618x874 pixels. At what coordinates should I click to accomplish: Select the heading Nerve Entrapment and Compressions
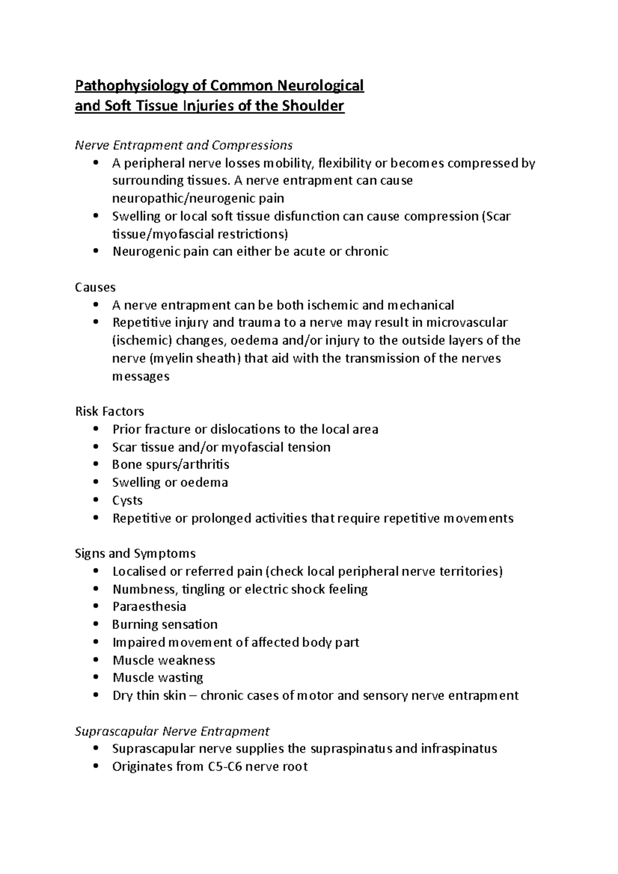pos(184,145)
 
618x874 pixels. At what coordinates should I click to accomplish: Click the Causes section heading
pos(95,287)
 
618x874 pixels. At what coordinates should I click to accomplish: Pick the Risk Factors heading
pos(110,411)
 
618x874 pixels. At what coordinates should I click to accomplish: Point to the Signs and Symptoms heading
pos(135,553)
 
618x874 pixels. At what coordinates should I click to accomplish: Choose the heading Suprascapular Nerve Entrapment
pos(173,731)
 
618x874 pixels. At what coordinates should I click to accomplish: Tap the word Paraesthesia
pos(149,606)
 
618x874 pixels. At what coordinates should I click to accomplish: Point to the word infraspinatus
pos(458,748)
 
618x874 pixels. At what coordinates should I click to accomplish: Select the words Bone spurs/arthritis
pos(170,465)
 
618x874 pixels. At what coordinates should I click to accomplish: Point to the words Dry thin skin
pos(149,696)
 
